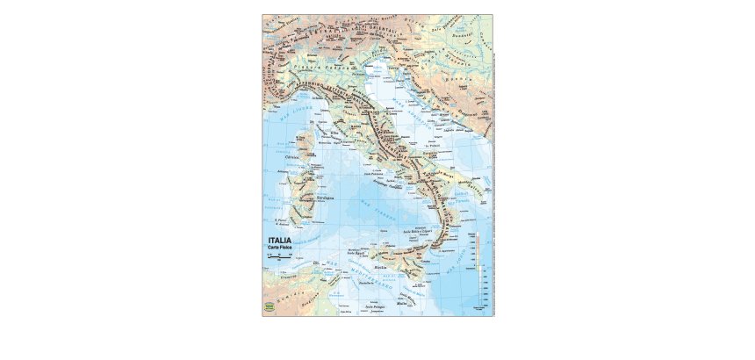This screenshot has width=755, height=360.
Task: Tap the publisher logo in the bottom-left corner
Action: click(x=269, y=306)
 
